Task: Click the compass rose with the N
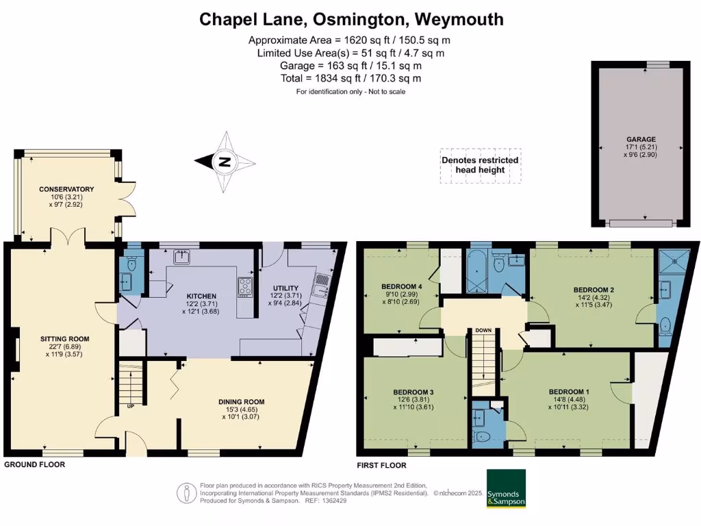point(225,162)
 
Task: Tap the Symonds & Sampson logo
point(506,488)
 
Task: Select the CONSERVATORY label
point(66,189)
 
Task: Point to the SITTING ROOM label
point(65,338)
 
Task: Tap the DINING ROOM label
point(241,402)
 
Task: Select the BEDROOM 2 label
point(593,290)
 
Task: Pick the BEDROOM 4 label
point(402,286)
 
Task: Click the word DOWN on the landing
point(483,331)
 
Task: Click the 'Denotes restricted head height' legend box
point(479,165)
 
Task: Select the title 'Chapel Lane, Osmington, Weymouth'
point(351,19)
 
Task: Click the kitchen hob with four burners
point(246,287)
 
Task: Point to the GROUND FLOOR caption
point(35,465)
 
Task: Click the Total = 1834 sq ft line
point(350,79)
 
